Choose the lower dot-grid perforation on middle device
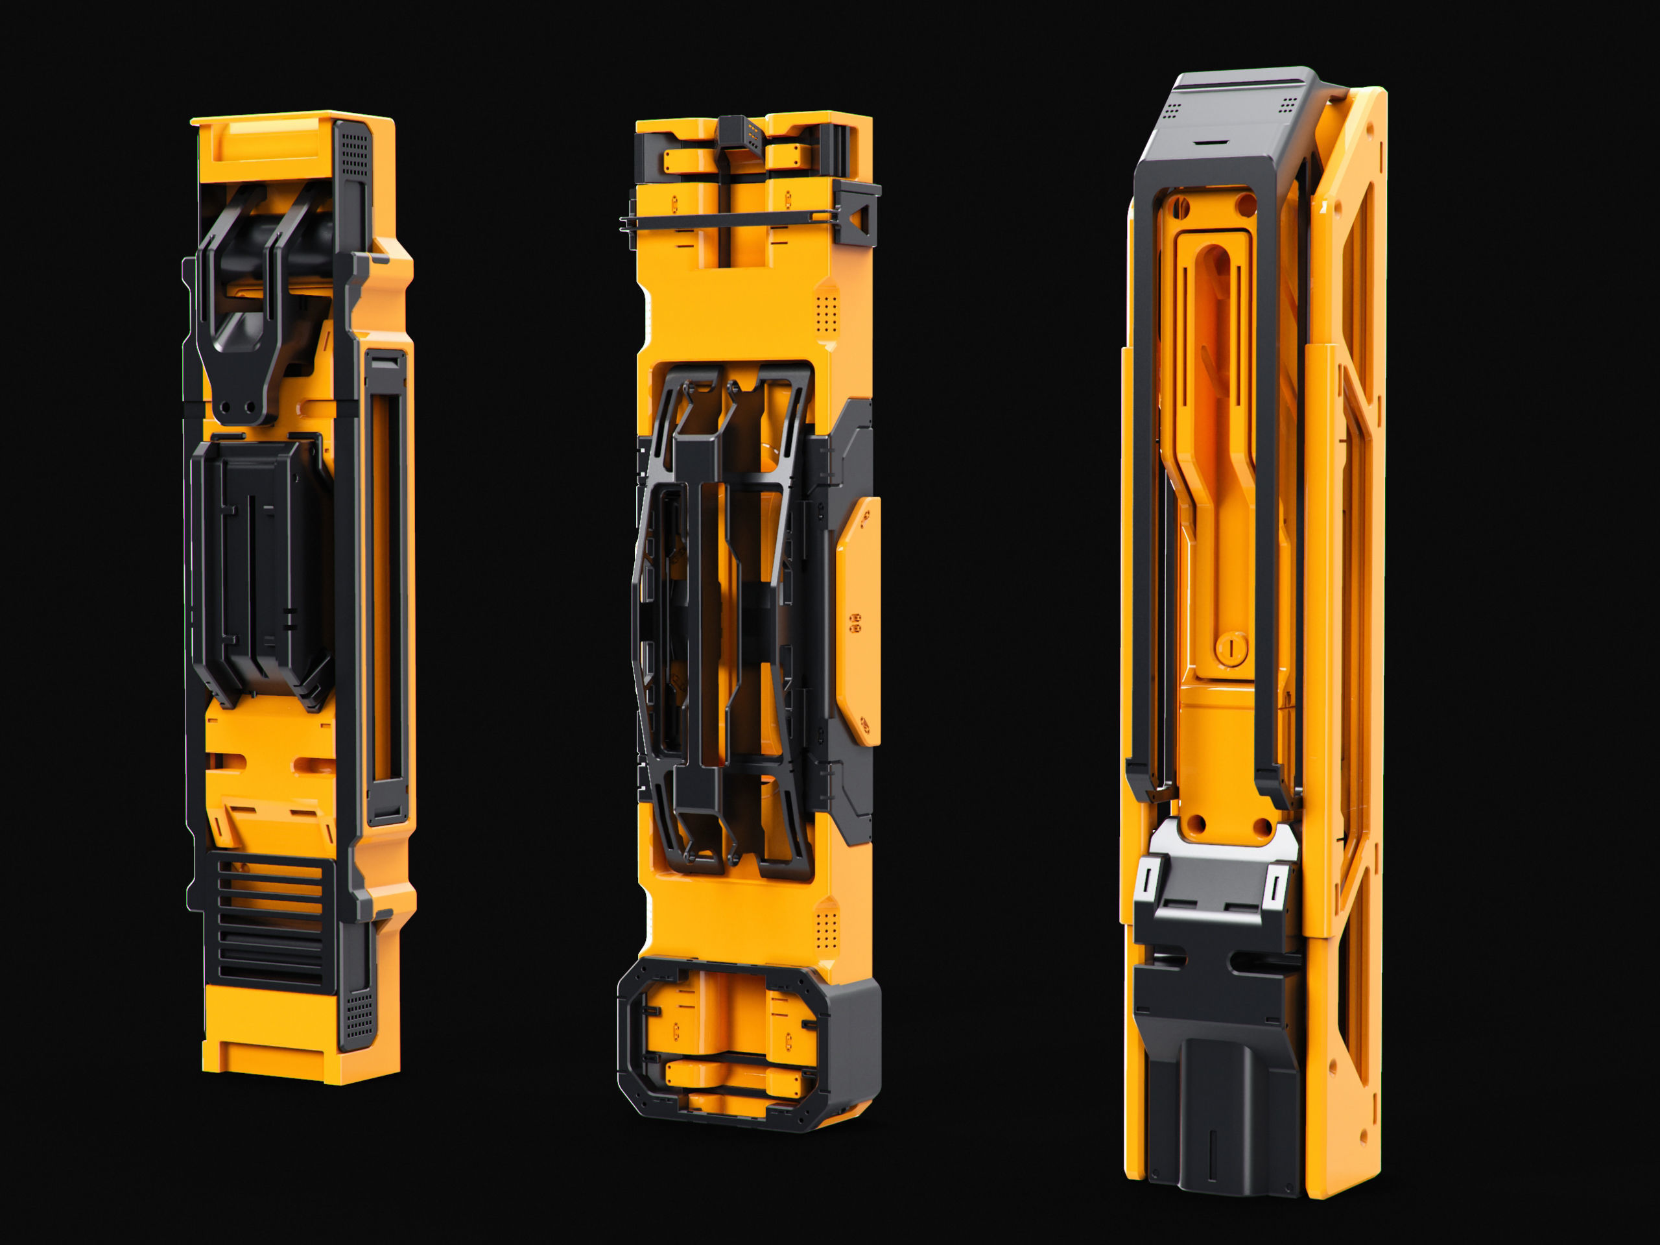pos(825,931)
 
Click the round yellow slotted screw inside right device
pos(1231,647)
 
